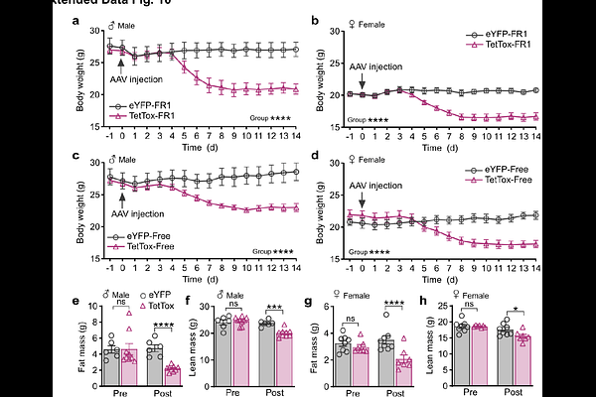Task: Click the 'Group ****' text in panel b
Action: (x=369, y=119)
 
